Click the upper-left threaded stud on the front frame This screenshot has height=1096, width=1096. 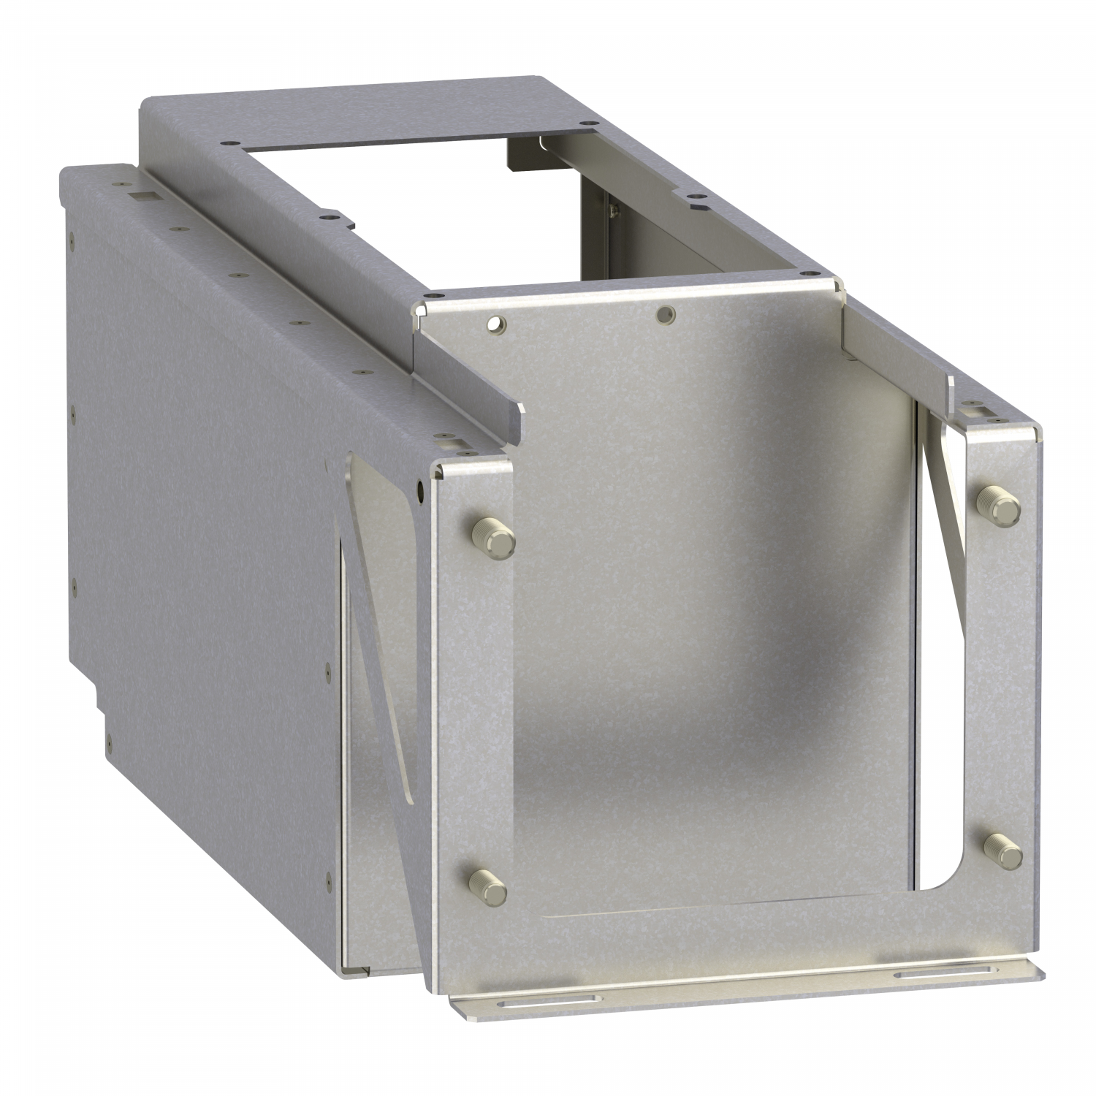point(494,537)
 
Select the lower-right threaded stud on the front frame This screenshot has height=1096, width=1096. point(1002,850)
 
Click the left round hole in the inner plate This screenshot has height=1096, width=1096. point(498,322)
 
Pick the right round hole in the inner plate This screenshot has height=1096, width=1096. point(665,315)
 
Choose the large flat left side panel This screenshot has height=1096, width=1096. point(205,511)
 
